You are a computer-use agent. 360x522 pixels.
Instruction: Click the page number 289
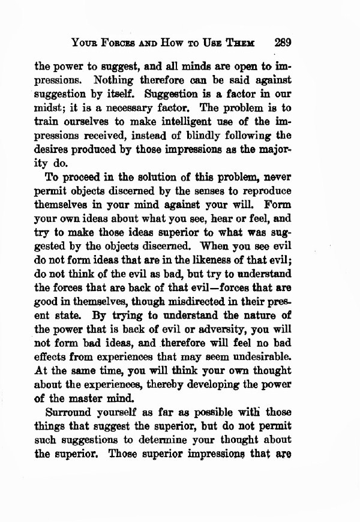282,43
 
